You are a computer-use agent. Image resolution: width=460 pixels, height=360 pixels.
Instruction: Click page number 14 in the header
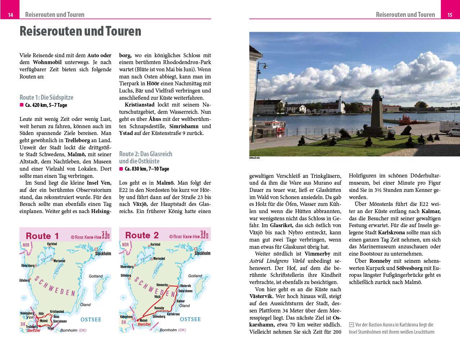(11, 15)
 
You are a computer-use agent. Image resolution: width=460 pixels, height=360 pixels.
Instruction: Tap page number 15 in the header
(450, 15)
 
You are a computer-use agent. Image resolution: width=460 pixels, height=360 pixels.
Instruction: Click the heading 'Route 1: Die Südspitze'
(46, 97)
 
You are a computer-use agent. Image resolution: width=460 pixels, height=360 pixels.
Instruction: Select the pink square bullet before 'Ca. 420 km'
(21, 105)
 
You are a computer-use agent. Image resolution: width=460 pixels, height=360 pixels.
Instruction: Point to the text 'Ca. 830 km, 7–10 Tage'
(147, 169)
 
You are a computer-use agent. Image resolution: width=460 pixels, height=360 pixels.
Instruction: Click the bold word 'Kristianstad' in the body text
(139, 105)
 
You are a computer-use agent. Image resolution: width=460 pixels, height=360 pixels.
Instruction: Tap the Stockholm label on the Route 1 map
(103, 253)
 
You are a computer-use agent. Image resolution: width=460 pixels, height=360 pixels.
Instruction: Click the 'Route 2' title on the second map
(142, 235)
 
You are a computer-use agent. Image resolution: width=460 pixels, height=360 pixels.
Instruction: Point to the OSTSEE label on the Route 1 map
(91, 319)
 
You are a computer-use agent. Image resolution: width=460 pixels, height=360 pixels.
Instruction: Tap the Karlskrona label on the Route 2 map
(173, 314)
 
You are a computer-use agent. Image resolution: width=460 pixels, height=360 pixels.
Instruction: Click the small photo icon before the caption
(351, 325)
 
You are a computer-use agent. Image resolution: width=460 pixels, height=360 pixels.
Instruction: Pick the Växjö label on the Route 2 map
(157, 297)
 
